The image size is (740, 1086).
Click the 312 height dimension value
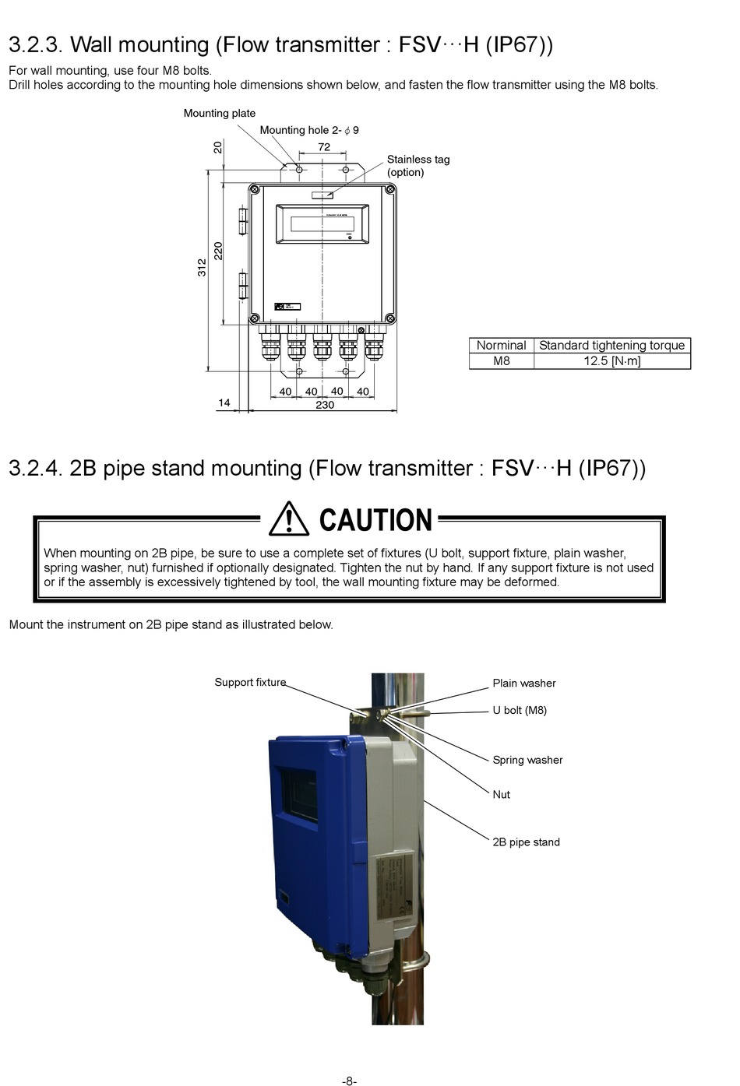coord(203,267)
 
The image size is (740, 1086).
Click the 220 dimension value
coord(219,251)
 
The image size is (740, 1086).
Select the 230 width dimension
coord(325,405)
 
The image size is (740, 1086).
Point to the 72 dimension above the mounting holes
coord(324,147)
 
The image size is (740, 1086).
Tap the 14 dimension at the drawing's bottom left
coord(224,402)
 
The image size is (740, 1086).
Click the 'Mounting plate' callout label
coord(220,113)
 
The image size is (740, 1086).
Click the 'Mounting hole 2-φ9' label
coord(309,130)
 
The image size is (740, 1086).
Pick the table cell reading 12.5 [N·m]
coord(612,361)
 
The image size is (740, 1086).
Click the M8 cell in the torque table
coord(502,361)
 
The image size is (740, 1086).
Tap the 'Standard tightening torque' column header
coord(612,345)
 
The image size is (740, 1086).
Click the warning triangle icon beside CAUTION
coord(289,519)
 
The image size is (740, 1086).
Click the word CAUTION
coord(375,520)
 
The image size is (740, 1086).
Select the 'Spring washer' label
coord(527,760)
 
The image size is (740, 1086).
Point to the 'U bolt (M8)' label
coord(520,710)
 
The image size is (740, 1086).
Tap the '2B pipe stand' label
coord(526,842)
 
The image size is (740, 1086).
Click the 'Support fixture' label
coord(250,682)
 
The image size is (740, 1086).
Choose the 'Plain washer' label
coord(524,683)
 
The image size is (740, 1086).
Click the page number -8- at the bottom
coord(350,1081)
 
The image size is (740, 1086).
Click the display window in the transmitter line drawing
coord(322,224)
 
